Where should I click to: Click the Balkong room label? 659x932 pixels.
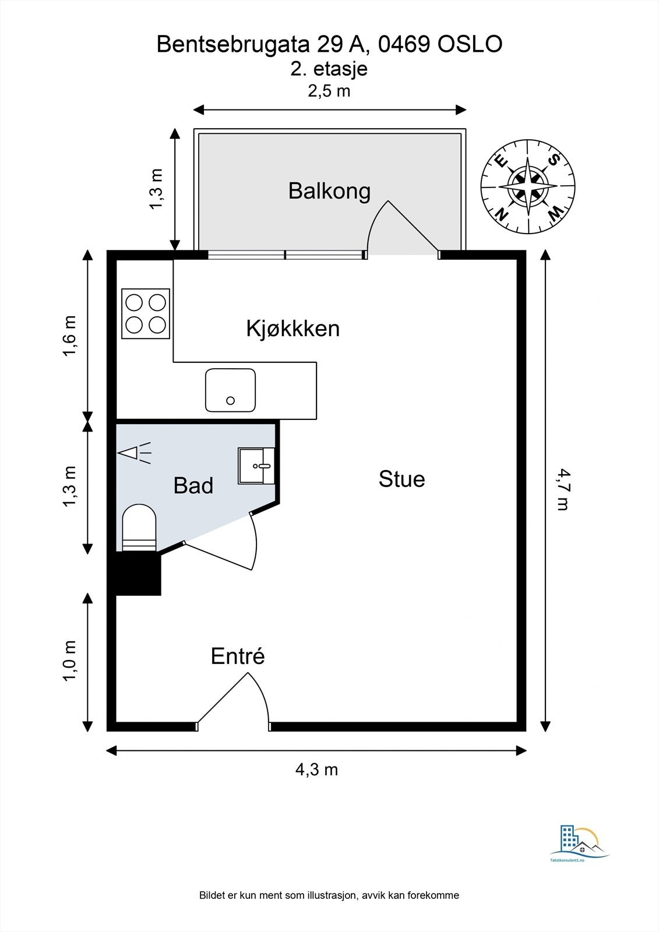tap(329, 191)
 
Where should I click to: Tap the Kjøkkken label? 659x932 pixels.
tap(293, 329)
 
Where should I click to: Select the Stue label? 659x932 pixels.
tap(401, 479)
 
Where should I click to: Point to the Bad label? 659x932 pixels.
tap(193, 485)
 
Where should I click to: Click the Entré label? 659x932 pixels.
tap(238, 656)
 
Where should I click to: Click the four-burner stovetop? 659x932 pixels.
tap(146, 313)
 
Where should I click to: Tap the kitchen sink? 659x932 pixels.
tap(230, 390)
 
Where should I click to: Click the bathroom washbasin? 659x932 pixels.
tap(256, 465)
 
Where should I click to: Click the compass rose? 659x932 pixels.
tap(527, 186)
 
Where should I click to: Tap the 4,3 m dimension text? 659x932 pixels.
tap(316, 769)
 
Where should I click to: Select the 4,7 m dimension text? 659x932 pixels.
tap(562, 489)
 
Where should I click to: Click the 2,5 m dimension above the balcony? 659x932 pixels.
tap(329, 91)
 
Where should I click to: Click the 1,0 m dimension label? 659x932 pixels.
tap(69, 661)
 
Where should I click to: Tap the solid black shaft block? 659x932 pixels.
tap(138, 574)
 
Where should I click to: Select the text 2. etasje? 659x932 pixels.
tap(329, 69)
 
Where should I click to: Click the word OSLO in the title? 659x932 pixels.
tap(470, 44)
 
